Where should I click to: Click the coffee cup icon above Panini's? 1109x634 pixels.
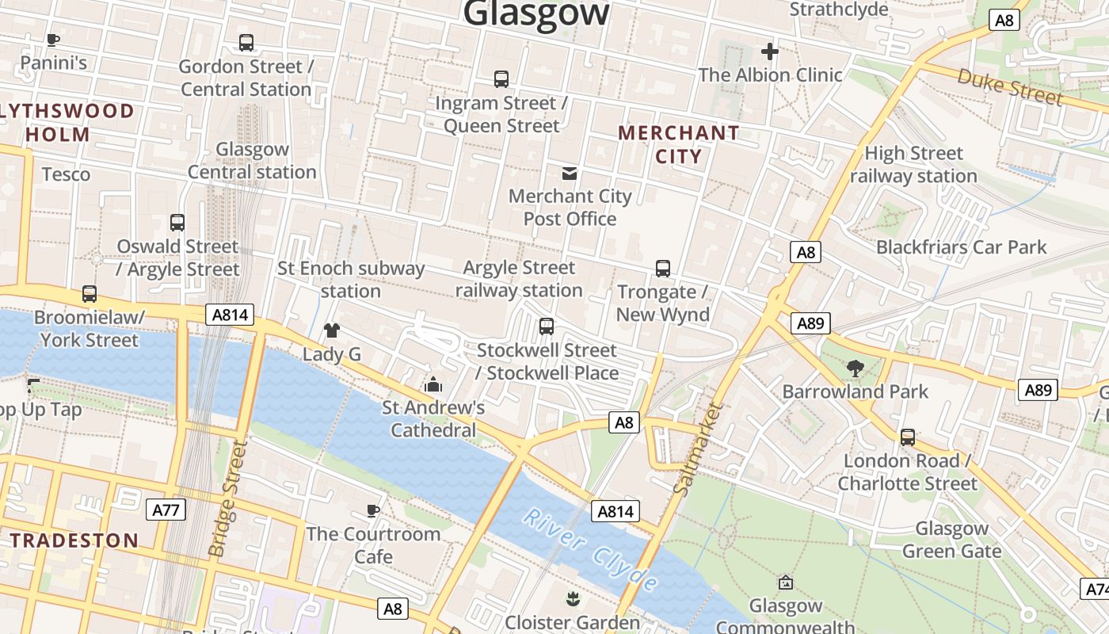[53, 40]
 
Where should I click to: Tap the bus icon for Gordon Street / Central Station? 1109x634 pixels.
[246, 43]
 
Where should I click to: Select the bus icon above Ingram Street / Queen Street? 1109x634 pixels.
[501, 79]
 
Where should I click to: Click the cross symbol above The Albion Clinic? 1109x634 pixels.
[769, 52]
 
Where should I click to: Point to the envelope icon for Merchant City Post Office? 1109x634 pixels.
[569, 173]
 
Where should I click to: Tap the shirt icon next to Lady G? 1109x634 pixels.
[331, 330]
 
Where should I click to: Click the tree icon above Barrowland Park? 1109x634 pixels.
[855, 368]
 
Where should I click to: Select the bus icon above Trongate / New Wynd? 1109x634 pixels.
[662, 269]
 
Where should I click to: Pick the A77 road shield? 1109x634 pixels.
[166, 509]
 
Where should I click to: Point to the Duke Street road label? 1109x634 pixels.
[1009, 86]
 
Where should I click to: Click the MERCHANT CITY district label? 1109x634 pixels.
[678, 144]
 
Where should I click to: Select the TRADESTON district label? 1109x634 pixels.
[74, 540]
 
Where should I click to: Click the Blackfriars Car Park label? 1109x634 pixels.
[961, 247]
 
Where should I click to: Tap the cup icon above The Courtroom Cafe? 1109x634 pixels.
[373, 510]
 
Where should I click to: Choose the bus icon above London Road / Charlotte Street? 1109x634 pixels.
[907, 437]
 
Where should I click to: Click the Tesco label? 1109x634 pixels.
[66, 174]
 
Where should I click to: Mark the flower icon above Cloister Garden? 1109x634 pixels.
[571, 598]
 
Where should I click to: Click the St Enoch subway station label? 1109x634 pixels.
[351, 280]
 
